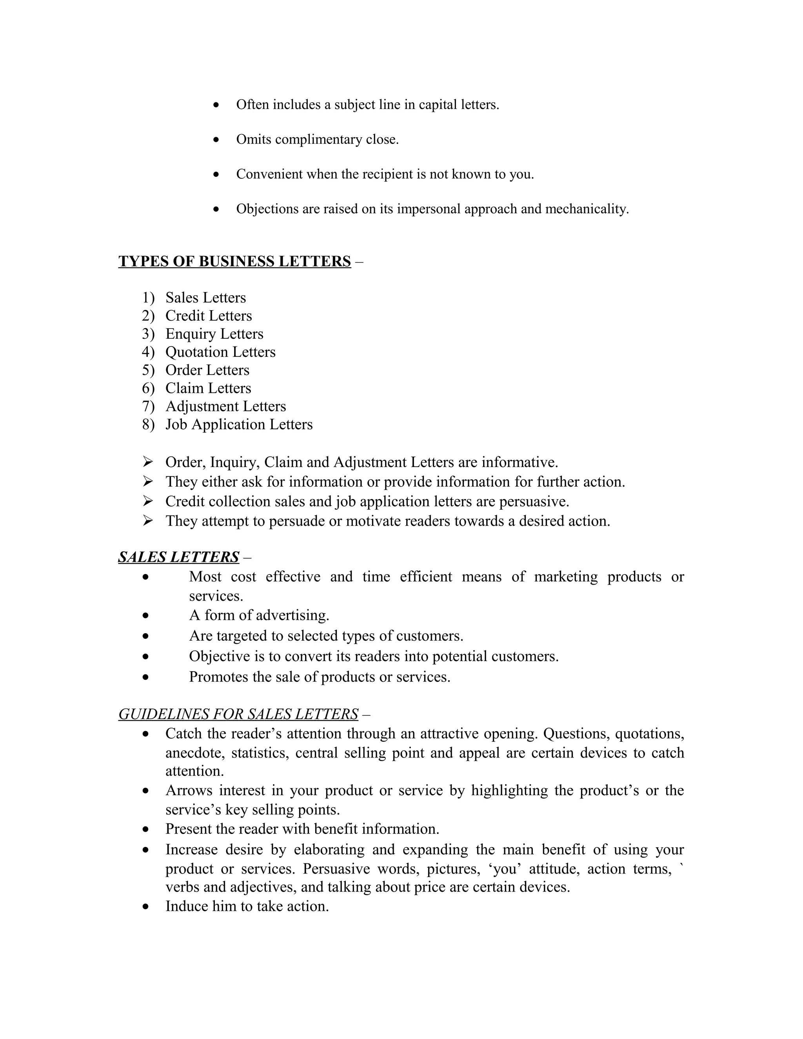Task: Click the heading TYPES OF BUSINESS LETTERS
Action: [x=234, y=261]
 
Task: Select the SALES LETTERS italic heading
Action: [x=178, y=557]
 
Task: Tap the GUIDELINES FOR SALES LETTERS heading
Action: [x=238, y=714]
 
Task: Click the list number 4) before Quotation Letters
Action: [x=148, y=352]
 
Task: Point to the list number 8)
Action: [x=148, y=424]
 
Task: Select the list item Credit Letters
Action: [x=208, y=316]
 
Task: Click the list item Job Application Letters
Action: [x=239, y=424]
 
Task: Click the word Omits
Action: [x=254, y=140]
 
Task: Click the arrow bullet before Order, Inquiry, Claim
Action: [x=147, y=461]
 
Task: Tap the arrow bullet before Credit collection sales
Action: [x=147, y=501]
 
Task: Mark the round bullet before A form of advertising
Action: [x=145, y=616]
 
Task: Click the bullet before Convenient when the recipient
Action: [x=216, y=174]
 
